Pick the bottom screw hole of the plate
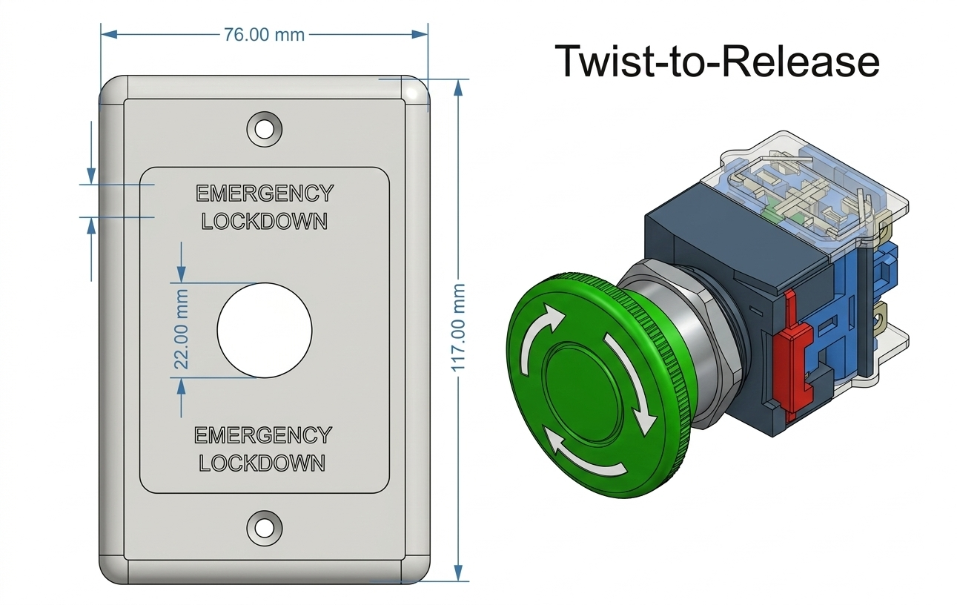pyautogui.click(x=264, y=526)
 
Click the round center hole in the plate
pyautogui.click(x=264, y=329)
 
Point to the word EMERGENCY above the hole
pyautogui.click(x=264, y=194)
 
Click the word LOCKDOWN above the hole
pyautogui.click(x=264, y=221)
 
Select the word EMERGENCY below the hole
pyautogui.click(x=263, y=435)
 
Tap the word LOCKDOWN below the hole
pyautogui.click(x=262, y=463)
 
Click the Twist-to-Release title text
pyautogui.click(x=716, y=61)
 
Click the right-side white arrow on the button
pyautogui.click(x=629, y=378)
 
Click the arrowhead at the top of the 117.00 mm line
pyautogui.click(x=458, y=86)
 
